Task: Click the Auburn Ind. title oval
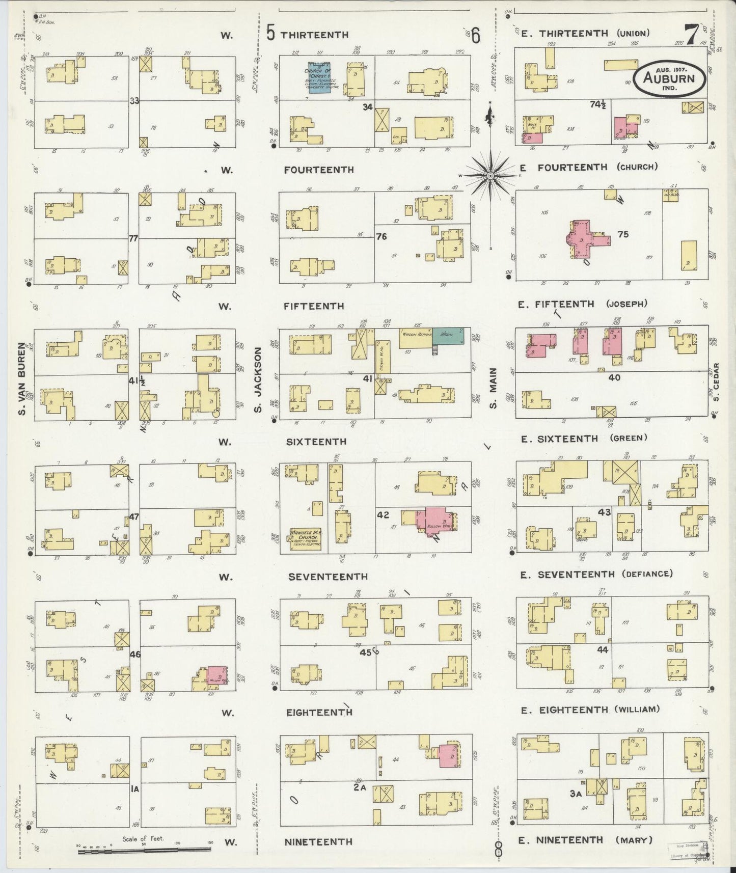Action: (670, 78)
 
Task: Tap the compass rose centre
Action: (489, 175)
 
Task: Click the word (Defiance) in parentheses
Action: (647, 574)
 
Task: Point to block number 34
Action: (368, 107)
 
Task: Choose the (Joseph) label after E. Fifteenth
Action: (626, 304)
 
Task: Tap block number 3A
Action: (576, 793)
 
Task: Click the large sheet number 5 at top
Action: (270, 34)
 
